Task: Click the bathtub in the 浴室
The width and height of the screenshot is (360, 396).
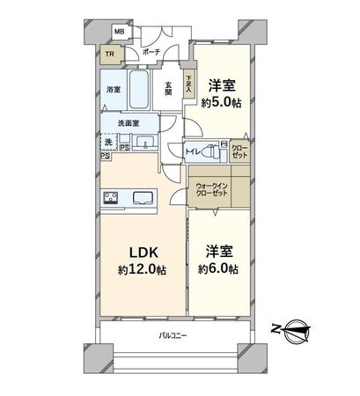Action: point(139,89)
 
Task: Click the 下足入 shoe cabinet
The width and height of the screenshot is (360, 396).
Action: point(187,84)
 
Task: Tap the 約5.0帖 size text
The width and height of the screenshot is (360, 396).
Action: point(223,103)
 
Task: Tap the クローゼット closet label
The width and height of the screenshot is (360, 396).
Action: point(239,150)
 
